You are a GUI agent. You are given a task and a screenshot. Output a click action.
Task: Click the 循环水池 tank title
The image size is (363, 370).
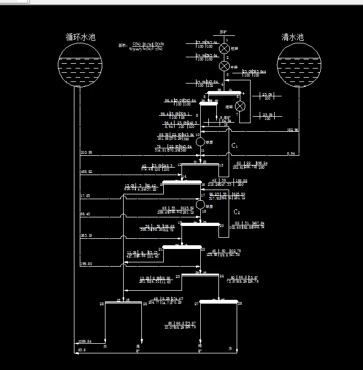(x=80, y=37)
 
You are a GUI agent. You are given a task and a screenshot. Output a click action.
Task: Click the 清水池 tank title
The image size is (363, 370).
(x=292, y=37)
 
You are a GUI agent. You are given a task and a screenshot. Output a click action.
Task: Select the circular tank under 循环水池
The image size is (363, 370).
(x=80, y=65)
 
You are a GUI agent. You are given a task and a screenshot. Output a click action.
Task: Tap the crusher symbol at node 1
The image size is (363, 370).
(x=224, y=49)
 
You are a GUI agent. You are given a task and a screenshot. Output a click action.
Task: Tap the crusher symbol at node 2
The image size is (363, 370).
(x=224, y=66)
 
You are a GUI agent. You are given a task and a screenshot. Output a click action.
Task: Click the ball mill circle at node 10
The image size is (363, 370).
(x=201, y=142)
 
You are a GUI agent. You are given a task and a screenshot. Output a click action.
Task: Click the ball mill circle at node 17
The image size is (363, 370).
(x=201, y=204)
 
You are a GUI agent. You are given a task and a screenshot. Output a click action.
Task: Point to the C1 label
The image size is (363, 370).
(x=234, y=146)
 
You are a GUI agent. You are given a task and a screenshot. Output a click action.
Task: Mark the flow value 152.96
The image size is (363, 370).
(x=293, y=130)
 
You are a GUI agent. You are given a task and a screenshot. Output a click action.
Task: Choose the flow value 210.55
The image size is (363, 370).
(x=86, y=153)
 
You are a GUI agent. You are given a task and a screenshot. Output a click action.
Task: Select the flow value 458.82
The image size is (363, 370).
(x=86, y=172)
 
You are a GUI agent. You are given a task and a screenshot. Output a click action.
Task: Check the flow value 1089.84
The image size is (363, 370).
(x=85, y=341)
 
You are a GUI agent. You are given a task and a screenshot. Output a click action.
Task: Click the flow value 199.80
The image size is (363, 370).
(x=86, y=264)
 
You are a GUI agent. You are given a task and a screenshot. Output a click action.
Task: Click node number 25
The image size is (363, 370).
(x=102, y=304)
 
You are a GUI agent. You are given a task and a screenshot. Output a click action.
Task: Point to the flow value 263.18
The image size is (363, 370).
(x=86, y=235)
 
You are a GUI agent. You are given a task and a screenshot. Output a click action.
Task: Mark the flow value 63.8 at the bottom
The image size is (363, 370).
(x=81, y=350)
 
